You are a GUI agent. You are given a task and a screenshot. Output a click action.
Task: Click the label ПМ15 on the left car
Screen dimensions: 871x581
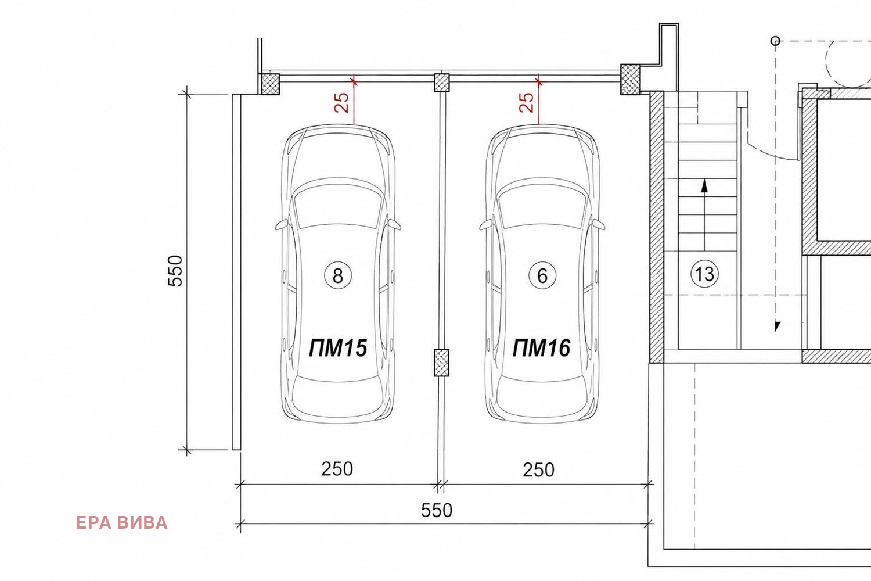(338, 347)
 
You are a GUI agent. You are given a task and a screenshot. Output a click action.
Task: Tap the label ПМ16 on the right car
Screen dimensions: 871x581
(541, 347)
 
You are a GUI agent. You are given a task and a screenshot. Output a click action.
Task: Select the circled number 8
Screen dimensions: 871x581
(338, 275)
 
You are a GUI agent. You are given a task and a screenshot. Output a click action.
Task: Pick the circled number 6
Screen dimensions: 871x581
(542, 275)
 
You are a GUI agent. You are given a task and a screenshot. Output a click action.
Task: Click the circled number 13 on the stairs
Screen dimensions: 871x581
(704, 274)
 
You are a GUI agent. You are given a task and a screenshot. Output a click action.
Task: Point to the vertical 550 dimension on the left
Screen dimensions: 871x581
(175, 271)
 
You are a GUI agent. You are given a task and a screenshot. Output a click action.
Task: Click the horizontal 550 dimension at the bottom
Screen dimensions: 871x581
(437, 510)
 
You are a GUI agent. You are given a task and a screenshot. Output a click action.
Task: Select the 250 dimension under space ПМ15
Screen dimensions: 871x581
(337, 469)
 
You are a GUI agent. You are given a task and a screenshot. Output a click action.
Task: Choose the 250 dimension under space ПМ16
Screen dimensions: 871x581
(538, 469)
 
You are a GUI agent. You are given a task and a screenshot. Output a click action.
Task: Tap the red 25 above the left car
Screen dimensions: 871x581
(342, 102)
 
